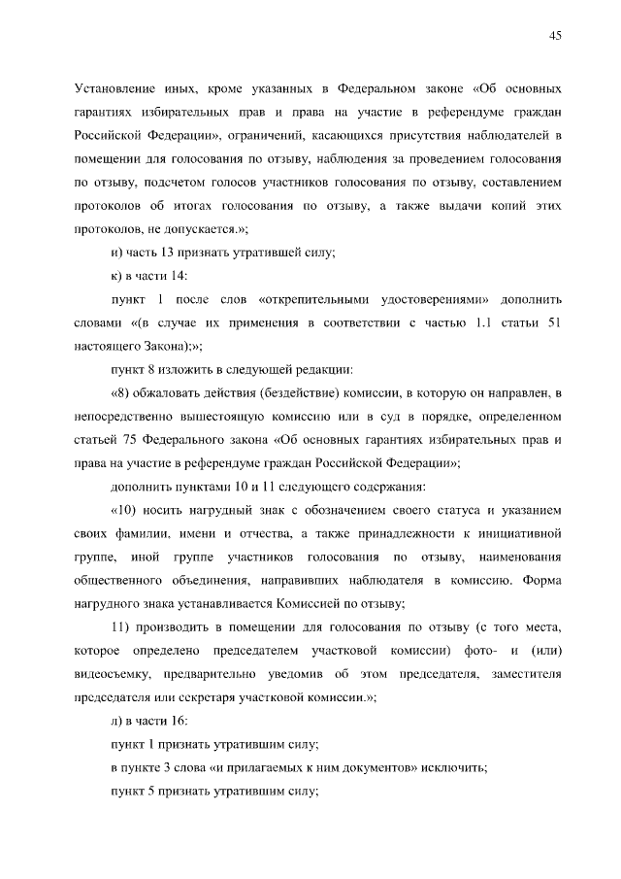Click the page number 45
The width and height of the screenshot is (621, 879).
(555, 36)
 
